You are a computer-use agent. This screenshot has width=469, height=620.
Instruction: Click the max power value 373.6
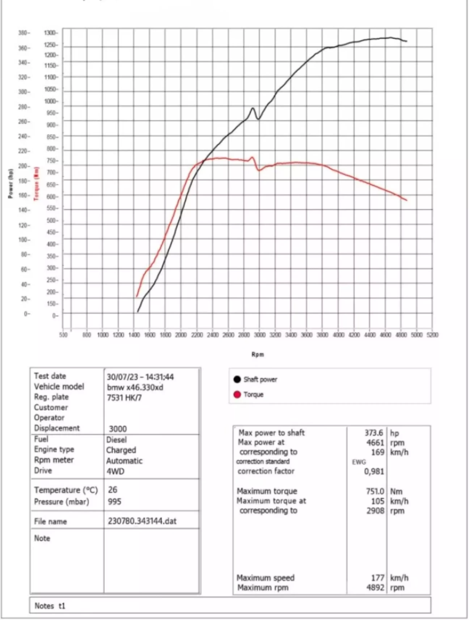373,433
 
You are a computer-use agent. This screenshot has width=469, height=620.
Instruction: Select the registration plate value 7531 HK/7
124,398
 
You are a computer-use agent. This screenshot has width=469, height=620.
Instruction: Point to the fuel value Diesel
116,439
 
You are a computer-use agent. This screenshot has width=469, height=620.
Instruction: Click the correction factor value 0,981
374,472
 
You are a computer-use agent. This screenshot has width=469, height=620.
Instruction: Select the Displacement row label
57,428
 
